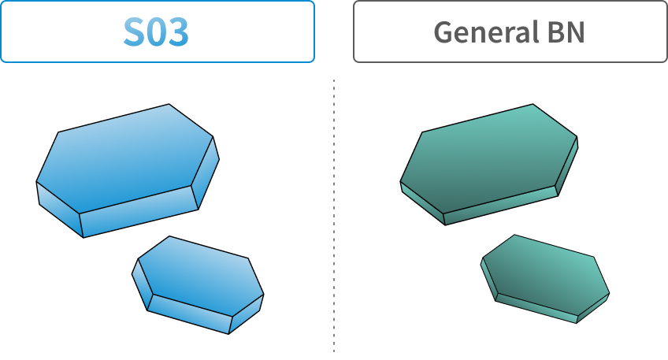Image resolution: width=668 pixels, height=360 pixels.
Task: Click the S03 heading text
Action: pos(156,32)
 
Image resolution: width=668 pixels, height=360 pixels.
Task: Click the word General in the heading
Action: pos(484,32)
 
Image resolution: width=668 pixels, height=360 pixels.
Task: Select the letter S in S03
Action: pos(134,32)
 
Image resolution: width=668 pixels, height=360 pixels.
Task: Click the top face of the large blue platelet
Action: pos(124,158)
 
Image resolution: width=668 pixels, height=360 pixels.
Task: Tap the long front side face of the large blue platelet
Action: pos(139,211)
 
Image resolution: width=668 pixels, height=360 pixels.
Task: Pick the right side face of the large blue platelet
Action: pos(206,173)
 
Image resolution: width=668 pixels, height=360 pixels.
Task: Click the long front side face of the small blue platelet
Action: pos(190,314)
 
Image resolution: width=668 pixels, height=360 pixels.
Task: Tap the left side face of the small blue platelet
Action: pos(142,284)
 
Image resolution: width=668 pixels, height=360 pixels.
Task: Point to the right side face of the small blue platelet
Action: pos(247,314)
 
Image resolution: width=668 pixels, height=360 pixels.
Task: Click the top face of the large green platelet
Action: pos(488,158)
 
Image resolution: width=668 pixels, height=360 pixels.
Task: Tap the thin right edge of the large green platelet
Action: pos(567,166)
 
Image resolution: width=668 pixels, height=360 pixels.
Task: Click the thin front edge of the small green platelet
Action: pos(536,308)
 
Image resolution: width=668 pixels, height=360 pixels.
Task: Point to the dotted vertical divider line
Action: pos(334,216)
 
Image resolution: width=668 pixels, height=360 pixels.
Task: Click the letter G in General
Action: pos(443,32)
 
